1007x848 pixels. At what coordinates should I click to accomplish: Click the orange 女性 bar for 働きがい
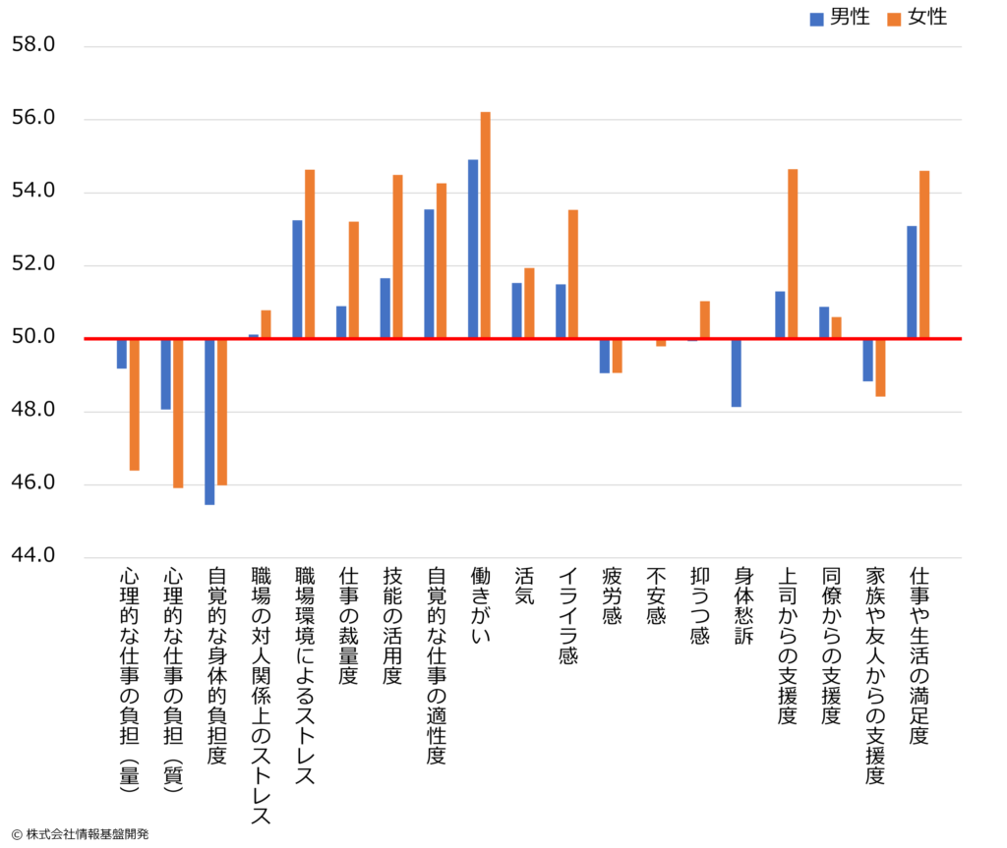point(485,226)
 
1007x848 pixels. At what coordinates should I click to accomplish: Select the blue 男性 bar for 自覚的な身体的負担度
point(209,422)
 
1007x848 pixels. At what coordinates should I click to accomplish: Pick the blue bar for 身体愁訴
point(737,372)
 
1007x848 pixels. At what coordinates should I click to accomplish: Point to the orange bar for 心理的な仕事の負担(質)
point(178,413)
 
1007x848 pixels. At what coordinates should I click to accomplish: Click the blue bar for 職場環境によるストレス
point(297,280)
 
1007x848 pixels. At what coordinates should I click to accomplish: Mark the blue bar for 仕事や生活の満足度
point(912,283)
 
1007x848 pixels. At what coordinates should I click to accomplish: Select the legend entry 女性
point(919,18)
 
